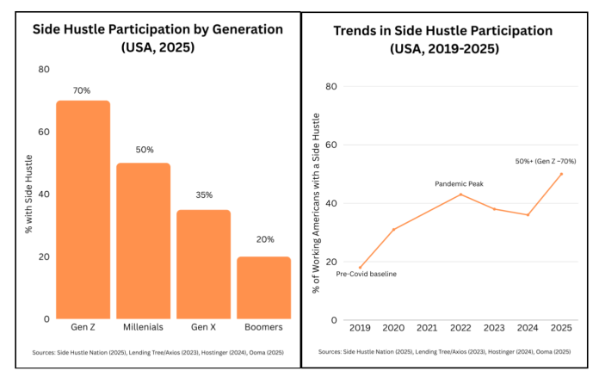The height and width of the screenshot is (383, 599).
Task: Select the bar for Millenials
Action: (x=144, y=240)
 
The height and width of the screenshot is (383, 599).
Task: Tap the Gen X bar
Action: (x=204, y=263)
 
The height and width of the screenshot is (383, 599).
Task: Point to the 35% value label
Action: (x=204, y=196)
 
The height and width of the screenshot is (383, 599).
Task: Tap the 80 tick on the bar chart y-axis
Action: (x=44, y=69)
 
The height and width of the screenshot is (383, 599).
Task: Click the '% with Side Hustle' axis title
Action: (x=28, y=194)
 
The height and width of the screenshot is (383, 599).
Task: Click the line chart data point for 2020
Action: (x=393, y=229)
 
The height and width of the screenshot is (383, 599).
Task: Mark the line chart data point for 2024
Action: (x=528, y=214)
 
